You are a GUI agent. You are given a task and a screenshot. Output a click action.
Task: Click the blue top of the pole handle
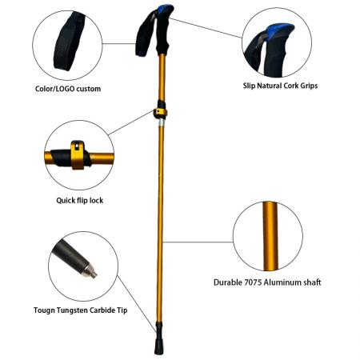point(162,10)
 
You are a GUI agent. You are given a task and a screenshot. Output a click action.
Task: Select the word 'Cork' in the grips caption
point(291,84)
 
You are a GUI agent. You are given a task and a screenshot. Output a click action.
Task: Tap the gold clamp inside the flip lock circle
point(78,154)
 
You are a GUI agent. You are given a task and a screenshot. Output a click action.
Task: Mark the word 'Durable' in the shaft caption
point(229,282)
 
